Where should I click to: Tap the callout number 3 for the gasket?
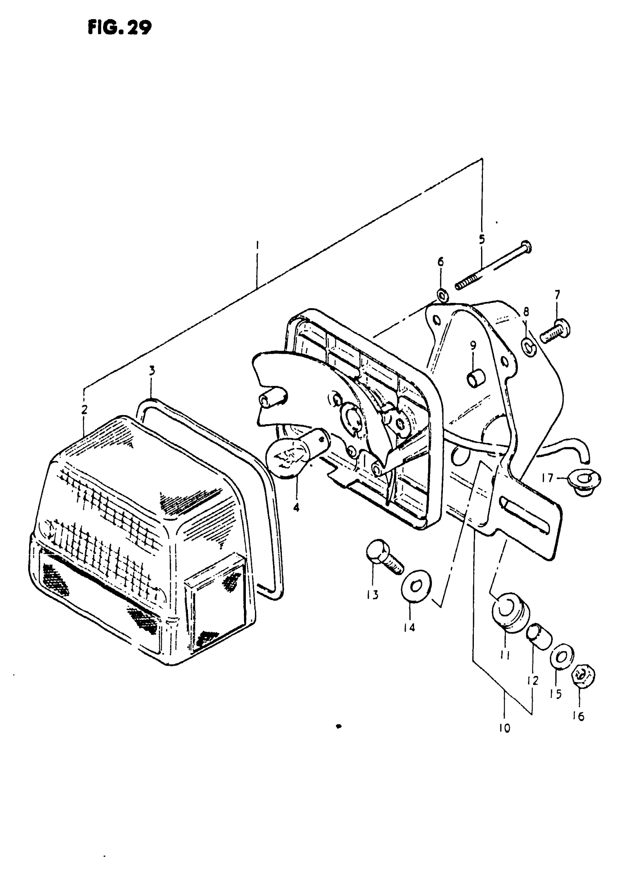tap(152, 370)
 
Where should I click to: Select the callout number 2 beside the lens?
tap(84, 410)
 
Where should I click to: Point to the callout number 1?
tap(257, 246)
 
